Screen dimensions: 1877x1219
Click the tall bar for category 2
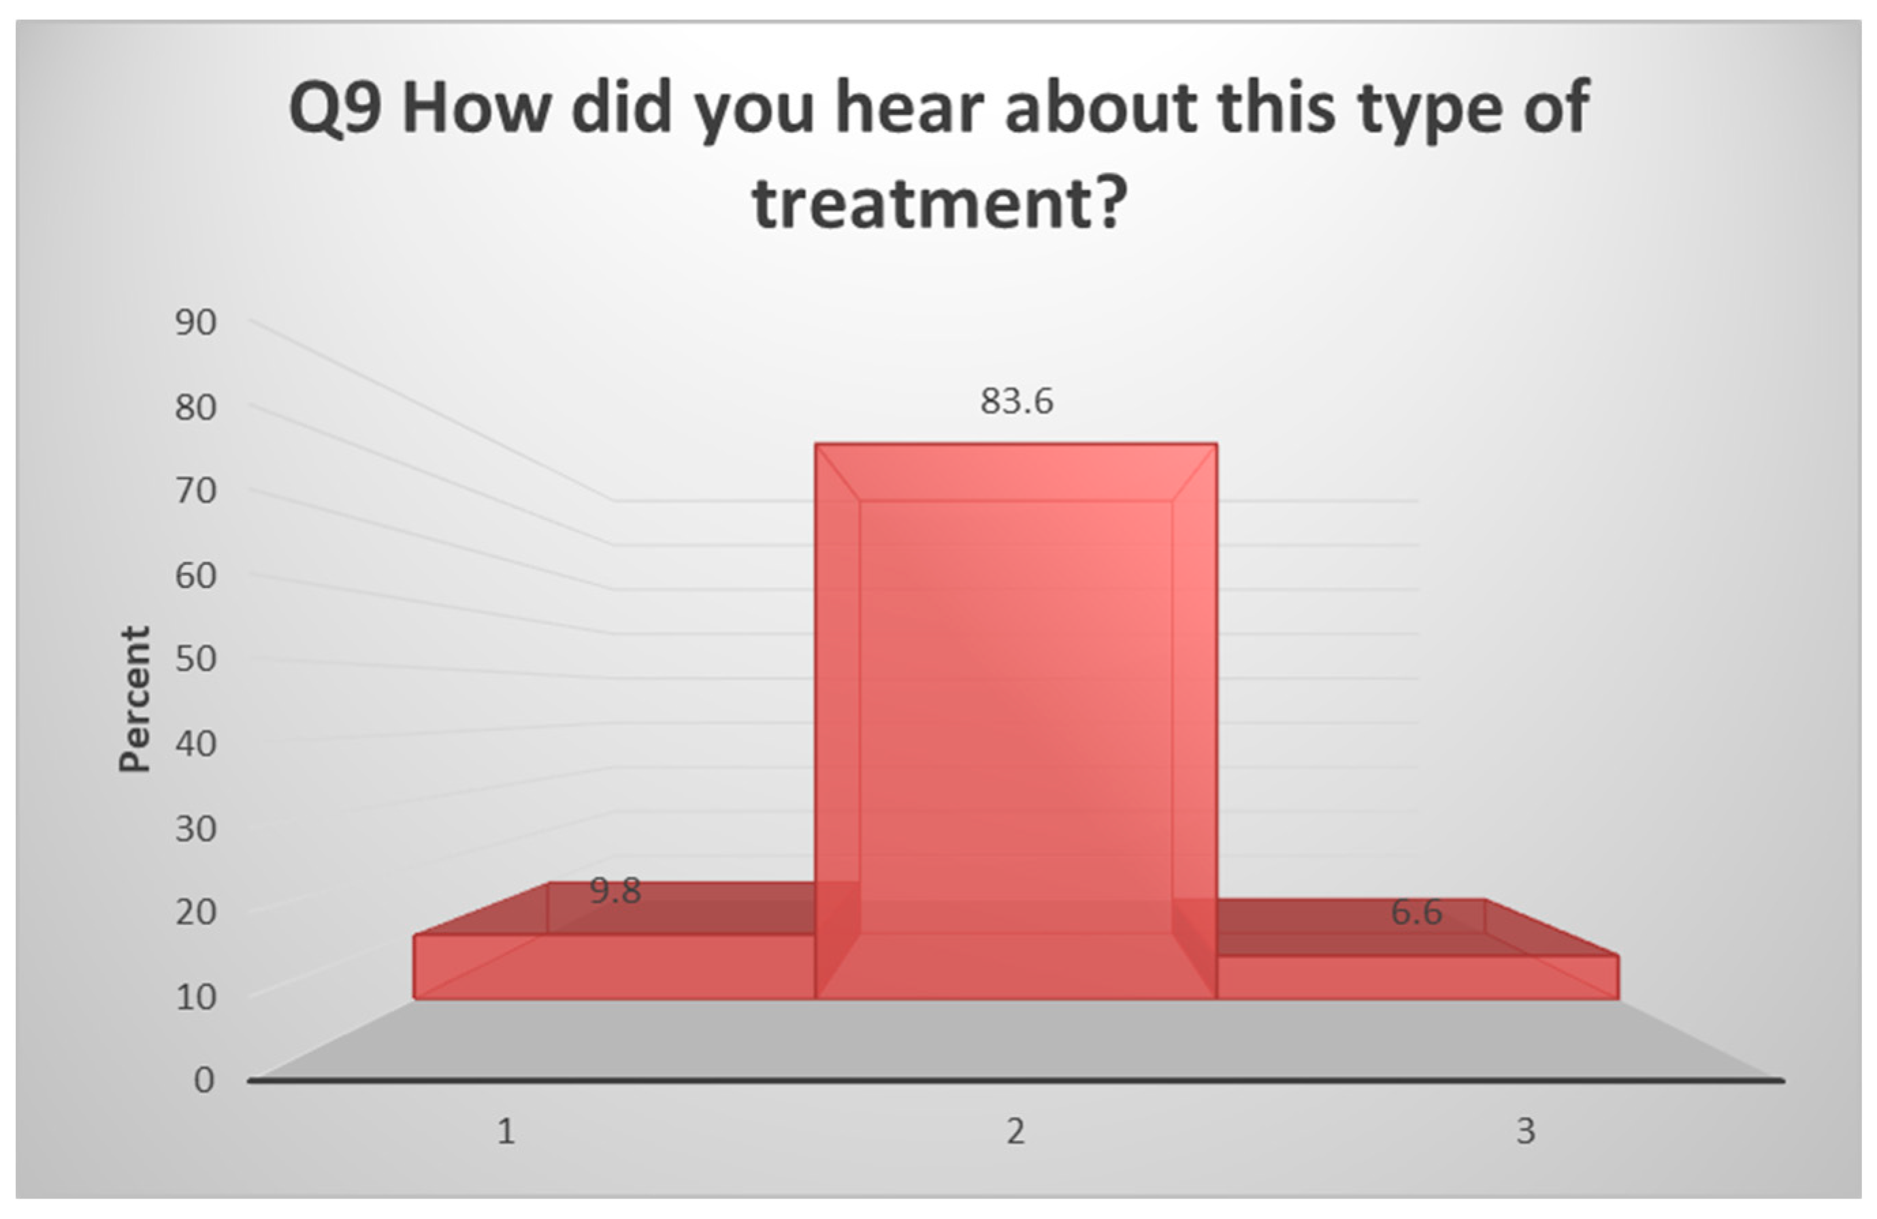(x=1016, y=721)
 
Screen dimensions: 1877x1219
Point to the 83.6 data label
(x=1017, y=402)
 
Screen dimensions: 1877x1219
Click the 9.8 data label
(x=615, y=891)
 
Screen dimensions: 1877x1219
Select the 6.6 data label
(x=1416, y=911)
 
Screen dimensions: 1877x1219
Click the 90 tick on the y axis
(x=195, y=323)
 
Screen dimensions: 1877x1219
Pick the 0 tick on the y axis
(x=204, y=1080)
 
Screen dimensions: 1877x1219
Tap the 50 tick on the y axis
(x=195, y=659)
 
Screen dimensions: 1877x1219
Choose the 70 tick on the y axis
(x=195, y=491)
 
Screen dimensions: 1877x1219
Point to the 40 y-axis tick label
(x=195, y=743)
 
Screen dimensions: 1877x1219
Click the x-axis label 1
(x=506, y=1131)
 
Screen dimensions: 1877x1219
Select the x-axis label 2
(x=1016, y=1131)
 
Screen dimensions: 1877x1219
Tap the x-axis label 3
(x=1526, y=1131)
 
